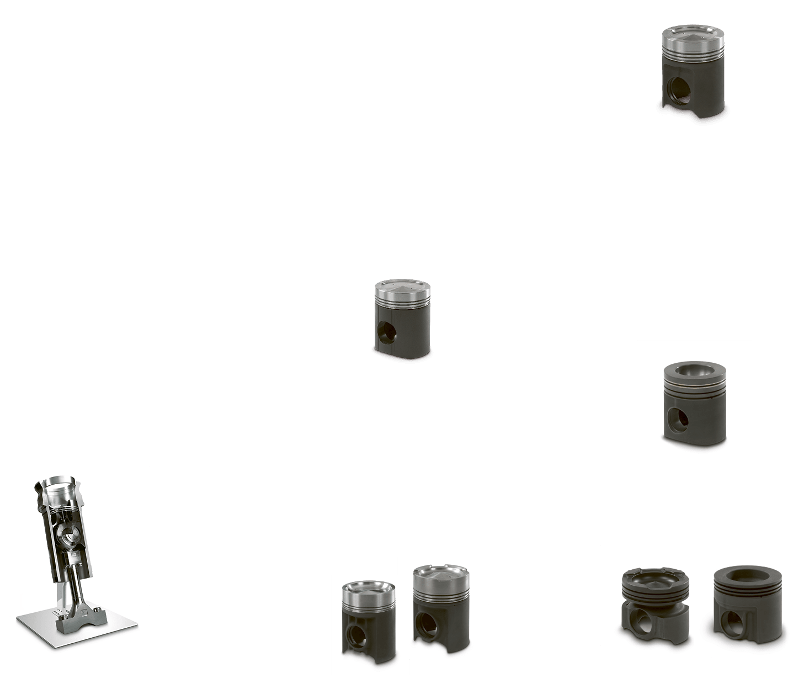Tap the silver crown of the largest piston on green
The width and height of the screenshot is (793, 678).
(693, 37)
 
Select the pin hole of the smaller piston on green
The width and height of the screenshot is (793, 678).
(387, 331)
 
